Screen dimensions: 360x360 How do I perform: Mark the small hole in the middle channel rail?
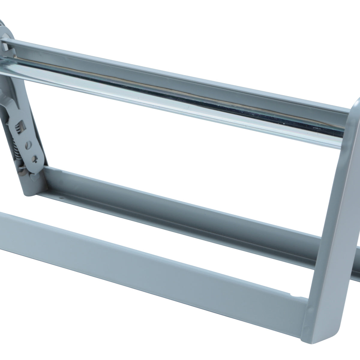coord(62,198)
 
